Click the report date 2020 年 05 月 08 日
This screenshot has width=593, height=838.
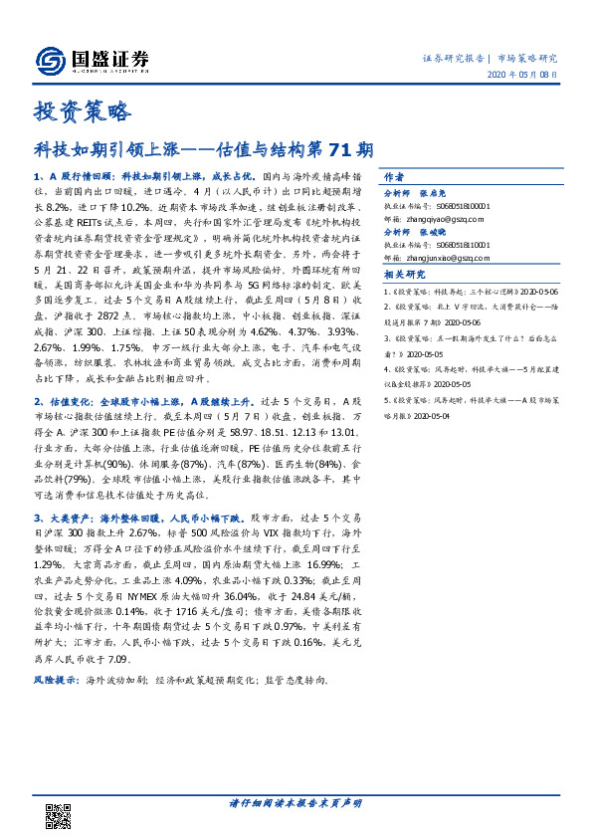click(x=529, y=76)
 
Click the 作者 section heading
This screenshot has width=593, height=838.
click(x=395, y=173)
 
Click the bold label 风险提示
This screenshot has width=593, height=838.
click(x=54, y=653)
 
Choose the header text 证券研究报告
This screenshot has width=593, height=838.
click(x=451, y=59)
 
